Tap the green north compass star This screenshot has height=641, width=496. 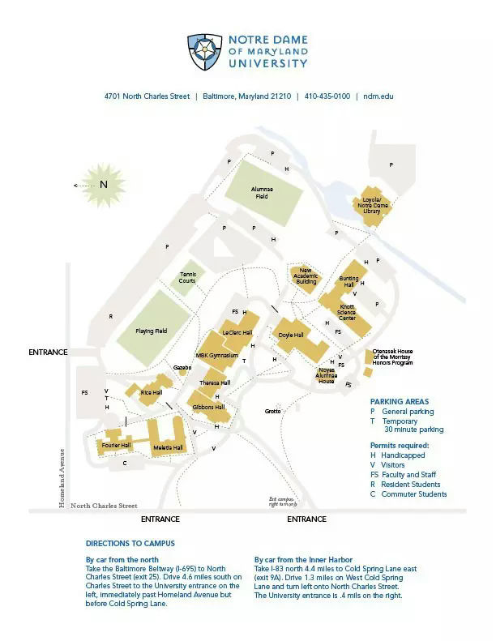[103, 185]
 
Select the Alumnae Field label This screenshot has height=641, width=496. [262, 192]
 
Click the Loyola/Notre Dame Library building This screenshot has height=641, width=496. [371, 204]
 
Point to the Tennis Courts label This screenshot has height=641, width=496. [188, 278]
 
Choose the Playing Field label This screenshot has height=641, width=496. [151, 331]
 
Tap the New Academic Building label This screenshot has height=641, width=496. [306, 276]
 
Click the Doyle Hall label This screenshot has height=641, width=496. [290, 335]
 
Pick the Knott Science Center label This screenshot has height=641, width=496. [347, 312]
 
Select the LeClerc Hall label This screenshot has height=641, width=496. [237, 332]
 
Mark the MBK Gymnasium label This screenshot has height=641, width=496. [216, 356]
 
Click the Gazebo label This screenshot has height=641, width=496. [182, 367]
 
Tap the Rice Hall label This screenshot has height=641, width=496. [152, 392]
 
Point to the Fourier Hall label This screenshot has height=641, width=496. [116, 445]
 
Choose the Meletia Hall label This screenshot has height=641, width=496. [167, 447]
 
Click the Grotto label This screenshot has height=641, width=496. [272, 412]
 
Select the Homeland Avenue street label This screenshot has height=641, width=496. [62, 478]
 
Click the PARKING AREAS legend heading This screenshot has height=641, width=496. [400, 401]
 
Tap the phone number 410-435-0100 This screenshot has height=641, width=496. [327, 96]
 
